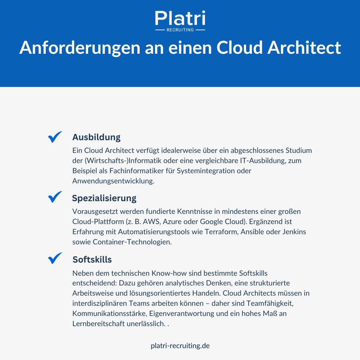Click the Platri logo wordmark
[x=180, y=19]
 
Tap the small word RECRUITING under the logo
[x=180, y=30]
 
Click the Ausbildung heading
[x=96, y=137]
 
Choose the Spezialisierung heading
[x=104, y=198]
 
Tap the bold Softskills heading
[x=92, y=259]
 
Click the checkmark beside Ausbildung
[x=55, y=137]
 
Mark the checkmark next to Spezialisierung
[x=55, y=197]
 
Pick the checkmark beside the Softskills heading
[x=55, y=258]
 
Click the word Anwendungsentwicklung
[x=113, y=181]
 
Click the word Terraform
[x=216, y=232]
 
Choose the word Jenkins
[x=293, y=232]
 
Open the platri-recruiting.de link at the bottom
[x=180, y=346]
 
